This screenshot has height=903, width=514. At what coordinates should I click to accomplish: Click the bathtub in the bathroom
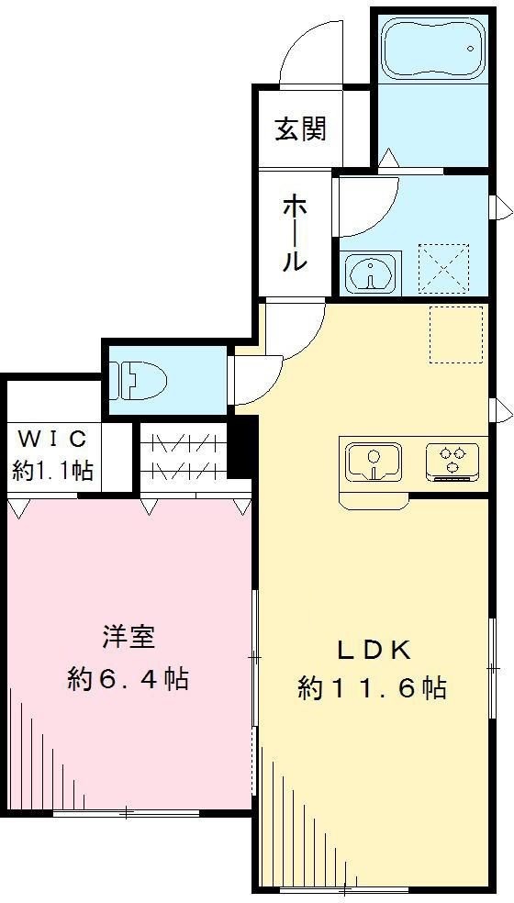point(430,48)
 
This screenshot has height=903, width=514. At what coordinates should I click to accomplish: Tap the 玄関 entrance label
point(300,129)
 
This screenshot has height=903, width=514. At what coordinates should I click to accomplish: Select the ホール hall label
point(294,233)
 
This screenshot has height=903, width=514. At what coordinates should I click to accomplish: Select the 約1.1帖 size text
point(52,471)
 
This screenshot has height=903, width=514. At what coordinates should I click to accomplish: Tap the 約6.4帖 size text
point(128,679)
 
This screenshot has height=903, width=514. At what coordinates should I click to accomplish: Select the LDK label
point(372,650)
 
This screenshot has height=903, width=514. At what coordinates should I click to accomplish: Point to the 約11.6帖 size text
point(372,688)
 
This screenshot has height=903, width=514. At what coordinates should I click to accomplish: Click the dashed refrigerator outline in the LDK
point(456,334)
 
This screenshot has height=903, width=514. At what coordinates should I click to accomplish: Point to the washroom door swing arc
point(367,204)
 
